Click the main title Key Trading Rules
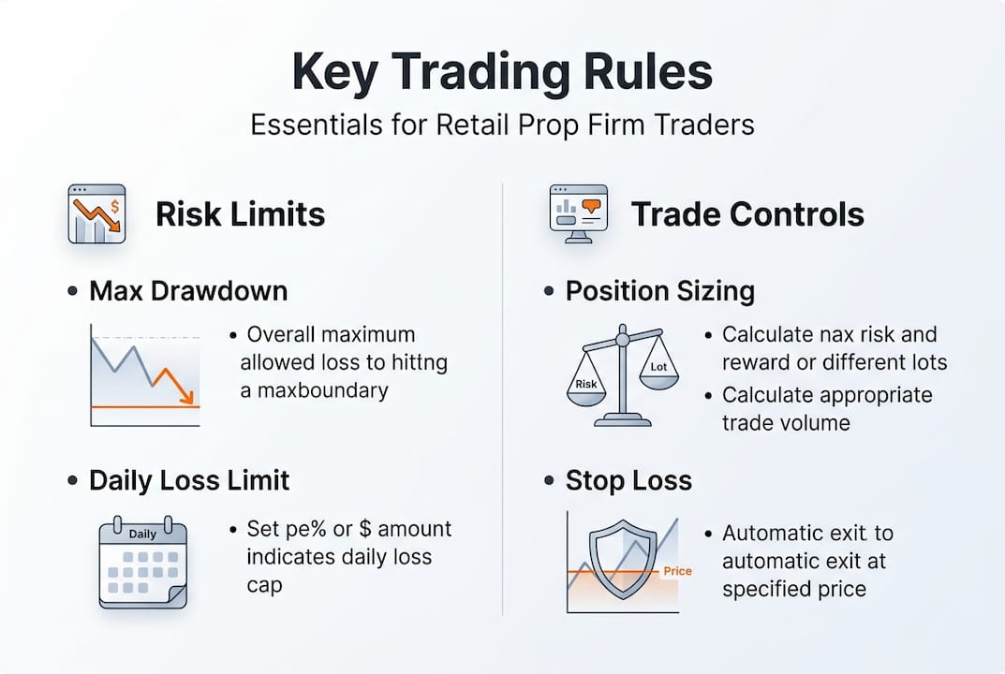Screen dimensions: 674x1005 point(502,73)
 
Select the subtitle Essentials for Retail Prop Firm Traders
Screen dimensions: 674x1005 point(502,125)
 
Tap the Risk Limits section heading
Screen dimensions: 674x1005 point(240,214)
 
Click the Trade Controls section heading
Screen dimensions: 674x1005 point(747,214)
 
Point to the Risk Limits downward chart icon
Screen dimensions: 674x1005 point(96,213)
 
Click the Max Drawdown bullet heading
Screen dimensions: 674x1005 point(188,291)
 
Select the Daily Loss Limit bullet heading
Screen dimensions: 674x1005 point(189,481)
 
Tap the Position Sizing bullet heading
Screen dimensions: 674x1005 point(659,291)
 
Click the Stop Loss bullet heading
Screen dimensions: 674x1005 point(628,481)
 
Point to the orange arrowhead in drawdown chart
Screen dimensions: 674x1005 point(188,396)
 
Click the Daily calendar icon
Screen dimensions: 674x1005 point(143,562)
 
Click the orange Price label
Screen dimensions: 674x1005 point(676,571)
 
